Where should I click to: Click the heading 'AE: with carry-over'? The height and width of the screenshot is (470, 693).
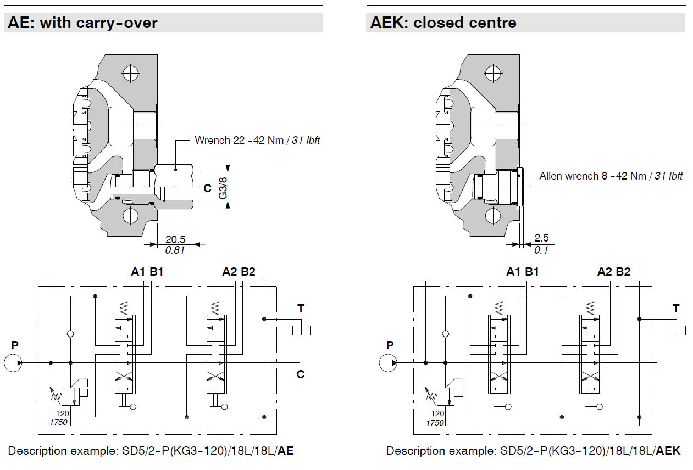pos(82,23)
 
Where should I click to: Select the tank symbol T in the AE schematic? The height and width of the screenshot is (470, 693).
pos(301,328)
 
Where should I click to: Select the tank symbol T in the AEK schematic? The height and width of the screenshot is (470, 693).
pos(676,328)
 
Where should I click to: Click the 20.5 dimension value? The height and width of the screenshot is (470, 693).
pos(175,239)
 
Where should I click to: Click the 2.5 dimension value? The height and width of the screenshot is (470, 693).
pos(541,238)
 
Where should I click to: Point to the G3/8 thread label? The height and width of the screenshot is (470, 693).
pos(223,188)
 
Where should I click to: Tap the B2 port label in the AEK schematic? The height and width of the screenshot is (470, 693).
pos(623,271)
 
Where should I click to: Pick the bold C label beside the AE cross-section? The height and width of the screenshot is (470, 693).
pos(207,188)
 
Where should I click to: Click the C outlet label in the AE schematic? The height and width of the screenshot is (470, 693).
pos(301,375)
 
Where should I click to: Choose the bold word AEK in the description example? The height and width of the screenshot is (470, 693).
pos(668,451)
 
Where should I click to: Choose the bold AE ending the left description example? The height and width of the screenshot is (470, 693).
pos(286,451)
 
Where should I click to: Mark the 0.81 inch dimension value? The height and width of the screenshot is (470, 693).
pos(175,250)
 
